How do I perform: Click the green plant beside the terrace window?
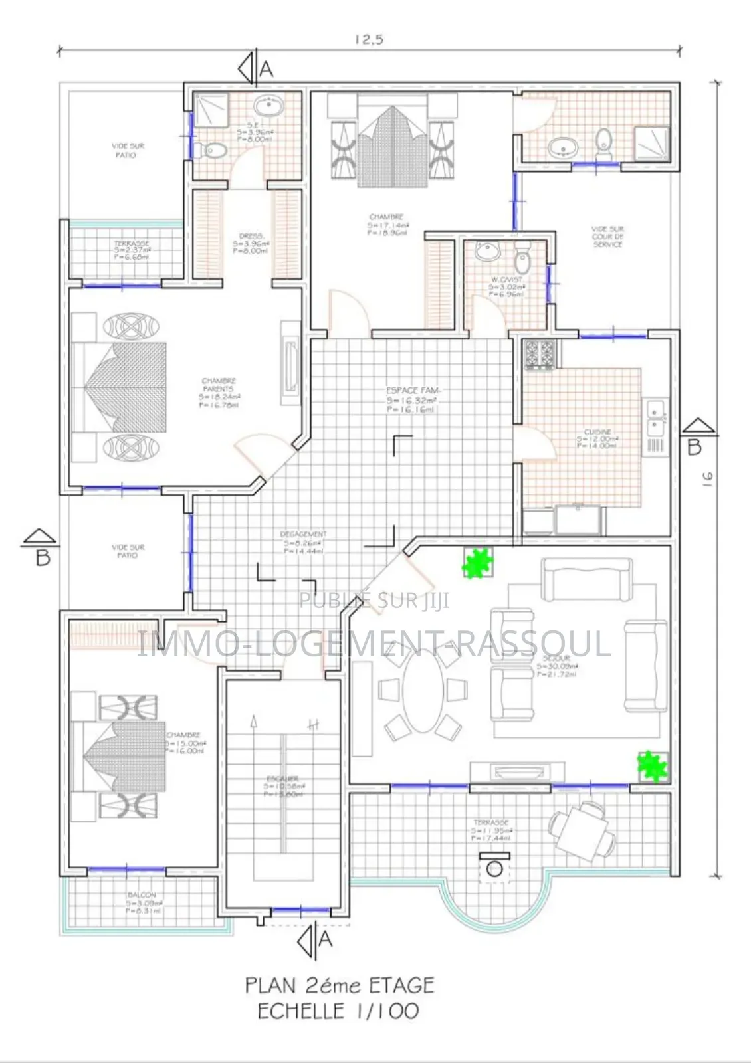click(x=652, y=767)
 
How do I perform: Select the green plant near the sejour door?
click(x=478, y=563)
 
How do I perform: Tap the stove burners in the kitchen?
click(x=540, y=354)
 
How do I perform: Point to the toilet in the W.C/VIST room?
click(x=522, y=253)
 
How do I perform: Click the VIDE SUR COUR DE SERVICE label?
click(x=607, y=237)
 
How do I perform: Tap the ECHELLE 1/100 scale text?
click(x=338, y=1011)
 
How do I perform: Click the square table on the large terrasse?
click(x=580, y=830)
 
